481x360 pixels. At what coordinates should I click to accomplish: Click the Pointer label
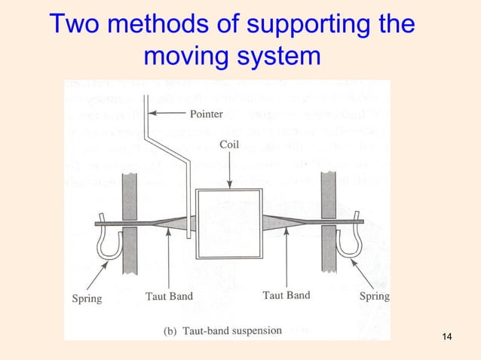206,114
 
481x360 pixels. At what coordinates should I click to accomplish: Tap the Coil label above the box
229,144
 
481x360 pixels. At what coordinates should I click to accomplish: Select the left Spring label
87,297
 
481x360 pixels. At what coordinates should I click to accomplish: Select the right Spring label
375,296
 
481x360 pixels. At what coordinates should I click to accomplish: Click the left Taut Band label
169,296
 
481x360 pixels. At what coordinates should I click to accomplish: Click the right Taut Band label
286,295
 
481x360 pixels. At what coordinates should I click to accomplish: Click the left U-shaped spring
106,242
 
